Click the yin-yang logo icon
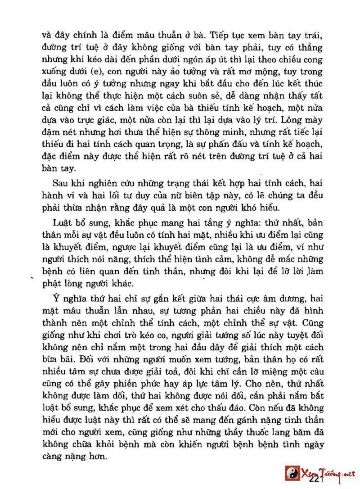(292, 473)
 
